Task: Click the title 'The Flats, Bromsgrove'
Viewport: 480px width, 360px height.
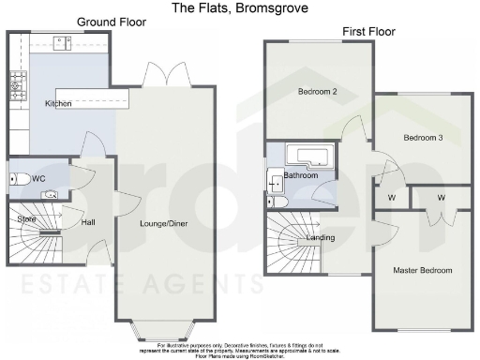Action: point(240,7)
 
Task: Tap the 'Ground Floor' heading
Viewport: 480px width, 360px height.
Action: point(111,22)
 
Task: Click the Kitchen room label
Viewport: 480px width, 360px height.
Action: point(58,103)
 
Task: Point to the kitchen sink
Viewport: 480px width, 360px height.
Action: point(63,41)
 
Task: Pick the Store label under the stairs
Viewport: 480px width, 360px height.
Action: point(26,219)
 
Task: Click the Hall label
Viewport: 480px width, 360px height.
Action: point(88,224)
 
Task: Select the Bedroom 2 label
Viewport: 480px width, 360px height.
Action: point(317,92)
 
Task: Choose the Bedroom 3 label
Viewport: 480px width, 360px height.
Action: point(423,138)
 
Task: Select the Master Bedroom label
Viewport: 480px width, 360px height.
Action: point(422,270)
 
